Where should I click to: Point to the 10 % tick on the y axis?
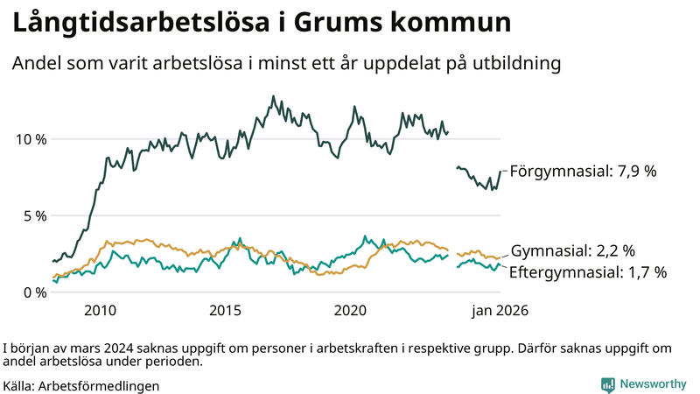[29, 139]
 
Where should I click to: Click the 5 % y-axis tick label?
[32, 215]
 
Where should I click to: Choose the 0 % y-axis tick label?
[32, 292]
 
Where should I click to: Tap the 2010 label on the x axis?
[100, 311]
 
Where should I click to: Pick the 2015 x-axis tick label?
[225, 311]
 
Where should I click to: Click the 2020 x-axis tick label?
[350, 311]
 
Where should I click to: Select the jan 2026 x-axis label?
[500, 311]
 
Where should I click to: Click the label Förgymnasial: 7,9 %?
[583, 172]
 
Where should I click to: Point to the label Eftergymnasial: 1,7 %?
[587, 272]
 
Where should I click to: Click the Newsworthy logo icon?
[607, 384]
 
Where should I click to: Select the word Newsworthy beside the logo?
[653, 384]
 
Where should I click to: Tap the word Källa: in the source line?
[19, 385]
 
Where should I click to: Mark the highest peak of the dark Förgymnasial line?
[273, 96]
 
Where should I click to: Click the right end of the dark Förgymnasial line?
[500, 172]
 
